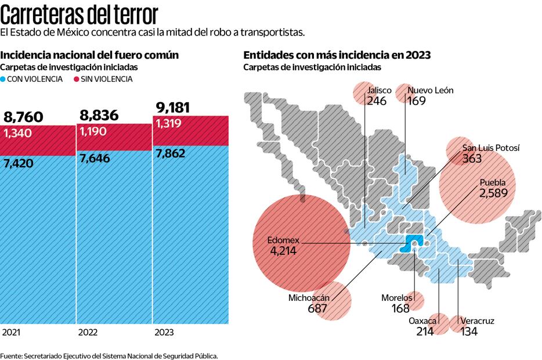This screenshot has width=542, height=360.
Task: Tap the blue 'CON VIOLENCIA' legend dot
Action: pyautogui.click(x=3, y=79)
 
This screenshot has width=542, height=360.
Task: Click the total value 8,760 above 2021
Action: pyautogui.click(x=23, y=118)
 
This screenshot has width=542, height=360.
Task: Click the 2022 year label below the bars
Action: pyautogui.click(x=88, y=333)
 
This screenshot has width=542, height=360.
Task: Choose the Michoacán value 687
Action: pyautogui.click(x=317, y=309)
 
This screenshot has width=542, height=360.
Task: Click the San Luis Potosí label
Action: pyautogui.click(x=490, y=148)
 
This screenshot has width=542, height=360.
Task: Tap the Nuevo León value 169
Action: pyautogui.click(x=417, y=100)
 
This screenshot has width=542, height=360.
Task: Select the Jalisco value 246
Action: pyautogui.click(x=377, y=100)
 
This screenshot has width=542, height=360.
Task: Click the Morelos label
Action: pyautogui.click(x=396, y=298)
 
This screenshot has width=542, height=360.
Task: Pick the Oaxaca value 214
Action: pyautogui.click(x=425, y=332)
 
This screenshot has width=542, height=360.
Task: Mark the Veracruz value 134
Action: pyautogui.click(x=469, y=332)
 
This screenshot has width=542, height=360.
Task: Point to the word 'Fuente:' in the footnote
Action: pyautogui.click(x=11, y=355)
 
